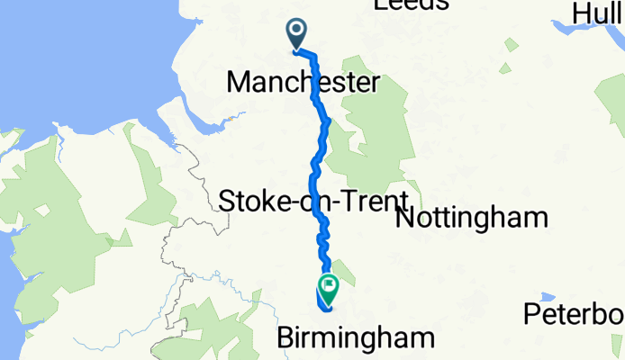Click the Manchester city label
[303, 83]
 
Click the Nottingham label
[471, 218]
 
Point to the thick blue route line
[317, 162]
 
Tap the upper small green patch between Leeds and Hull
[511, 45]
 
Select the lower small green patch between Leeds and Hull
[505, 68]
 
